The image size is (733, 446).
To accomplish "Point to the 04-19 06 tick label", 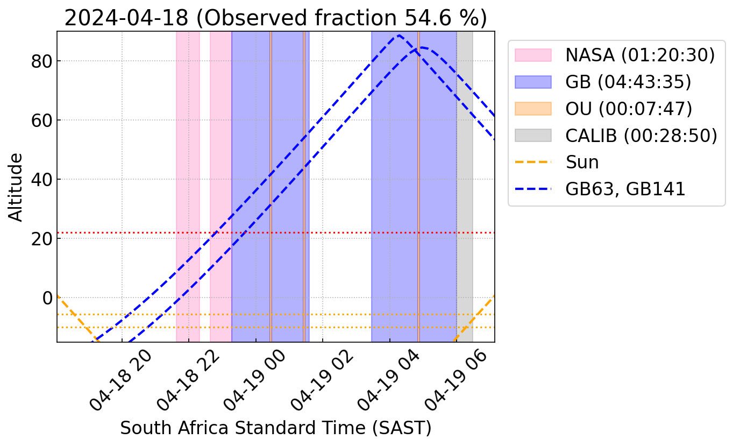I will tap(454, 380).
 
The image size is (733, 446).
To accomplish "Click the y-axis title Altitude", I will tap(16, 187).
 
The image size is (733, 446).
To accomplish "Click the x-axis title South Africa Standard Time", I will tap(275, 428).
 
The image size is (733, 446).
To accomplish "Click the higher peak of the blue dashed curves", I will tap(399, 36).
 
